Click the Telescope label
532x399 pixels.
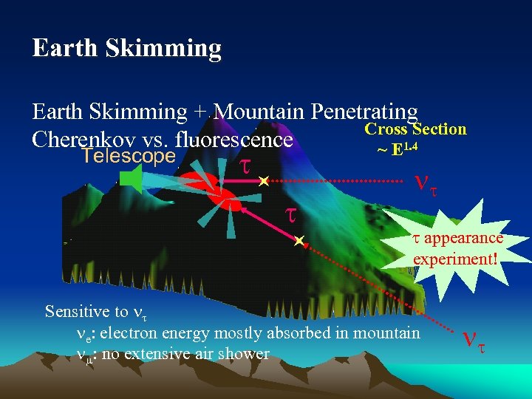[129, 156]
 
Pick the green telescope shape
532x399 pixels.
[131, 180]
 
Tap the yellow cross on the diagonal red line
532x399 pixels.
[298, 241]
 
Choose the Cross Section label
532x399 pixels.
[416, 129]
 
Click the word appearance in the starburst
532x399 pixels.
[463, 238]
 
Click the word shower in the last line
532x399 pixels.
[248, 354]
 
